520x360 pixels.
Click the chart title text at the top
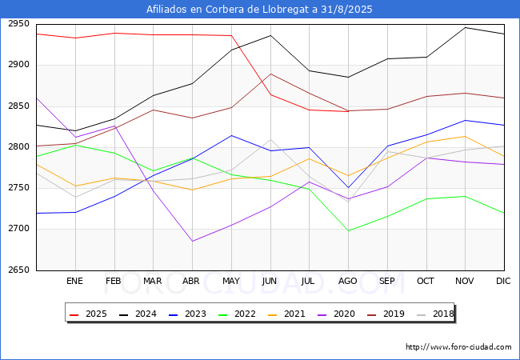[x=259, y=9]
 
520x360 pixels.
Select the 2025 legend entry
[x=89, y=314]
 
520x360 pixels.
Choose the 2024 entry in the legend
[x=138, y=314]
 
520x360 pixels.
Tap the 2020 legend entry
[x=336, y=314]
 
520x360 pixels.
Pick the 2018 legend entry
[x=435, y=314]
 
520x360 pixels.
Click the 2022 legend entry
[x=237, y=314]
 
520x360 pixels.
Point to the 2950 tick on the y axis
[x=18, y=24]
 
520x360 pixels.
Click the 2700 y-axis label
[x=18, y=229]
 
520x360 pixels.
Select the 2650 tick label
[x=18, y=270]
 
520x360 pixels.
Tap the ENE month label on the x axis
[x=74, y=281]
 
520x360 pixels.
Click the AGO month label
[x=347, y=281]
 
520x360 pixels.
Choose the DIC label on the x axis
[x=503, y=281]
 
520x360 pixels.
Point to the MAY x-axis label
[x=231, y=281]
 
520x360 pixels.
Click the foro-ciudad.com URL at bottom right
[x=458, y=347]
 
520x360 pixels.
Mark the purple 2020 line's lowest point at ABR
[x=192, y=241]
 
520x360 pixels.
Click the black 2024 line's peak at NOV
[x=466, y=27]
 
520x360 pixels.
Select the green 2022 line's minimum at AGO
[x=348, y=230]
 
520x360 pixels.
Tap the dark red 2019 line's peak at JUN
[x=270, y=74]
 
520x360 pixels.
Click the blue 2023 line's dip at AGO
[x=348, y=188]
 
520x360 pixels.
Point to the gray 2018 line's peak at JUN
[x=270, y=139]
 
